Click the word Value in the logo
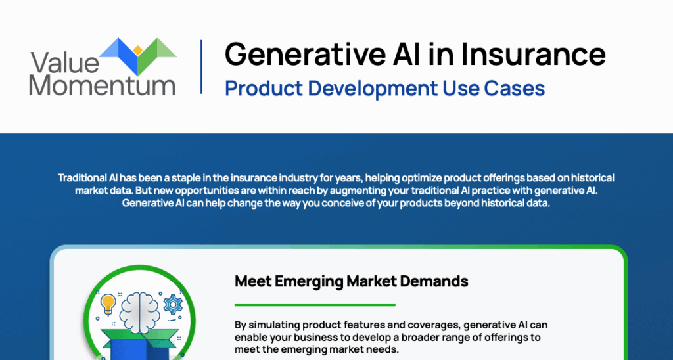click(64, 62)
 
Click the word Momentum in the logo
click(102, 85)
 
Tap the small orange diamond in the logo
click(137, 51)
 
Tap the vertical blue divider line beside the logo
click(201, 66)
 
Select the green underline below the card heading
click(315, 305)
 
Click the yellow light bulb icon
click(108, 303)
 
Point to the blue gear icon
click(173, 304)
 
